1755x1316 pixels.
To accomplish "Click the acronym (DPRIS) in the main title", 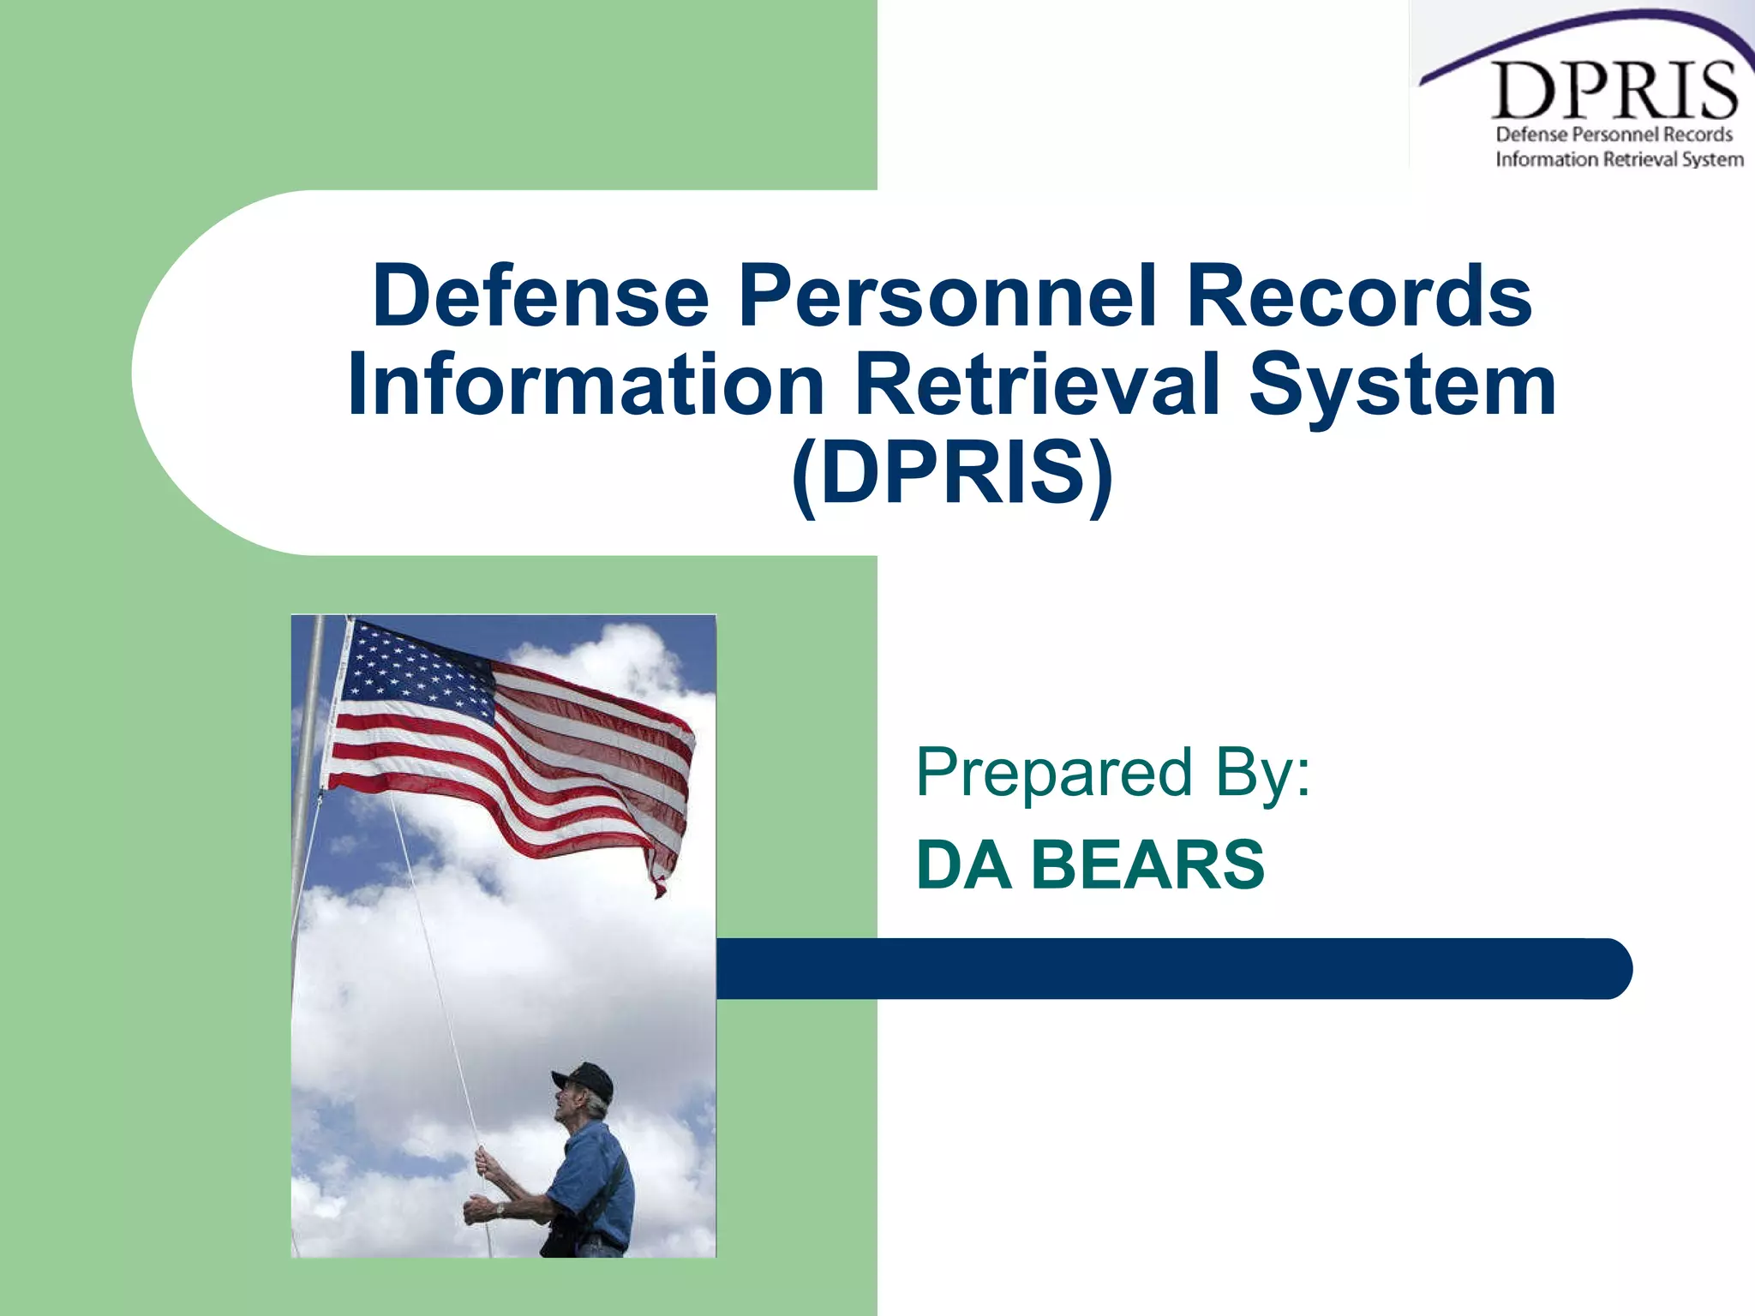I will pyautogui.click(x=951, y=474).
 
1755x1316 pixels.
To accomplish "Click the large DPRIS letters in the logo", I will pyautogui.click(x=1614, y=92).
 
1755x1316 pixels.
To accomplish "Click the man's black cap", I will pyautogui.click(x=585, y=1081).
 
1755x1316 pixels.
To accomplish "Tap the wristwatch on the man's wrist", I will pyautogui.click(x=500, y=1209).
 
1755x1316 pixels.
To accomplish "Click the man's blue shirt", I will pyautogui.click(x=596, y=1174).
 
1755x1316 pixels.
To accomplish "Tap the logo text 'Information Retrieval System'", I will pyautogui.click(x=1619, y=159).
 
